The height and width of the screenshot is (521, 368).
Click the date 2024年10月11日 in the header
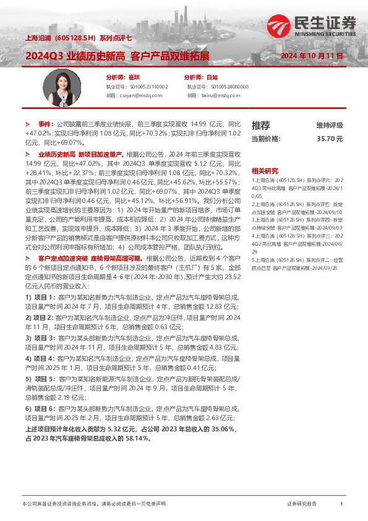pos(312,56)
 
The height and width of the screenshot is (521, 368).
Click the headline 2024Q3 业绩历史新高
pos(74,56)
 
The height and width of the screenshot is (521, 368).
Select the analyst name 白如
pos(212,77)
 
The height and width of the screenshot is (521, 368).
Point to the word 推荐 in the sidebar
pos(261,125)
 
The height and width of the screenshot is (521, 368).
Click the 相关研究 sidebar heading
pos(265,170)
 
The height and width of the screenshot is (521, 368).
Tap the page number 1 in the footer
pos(341,504)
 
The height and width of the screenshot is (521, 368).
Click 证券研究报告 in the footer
pos(302,504)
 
